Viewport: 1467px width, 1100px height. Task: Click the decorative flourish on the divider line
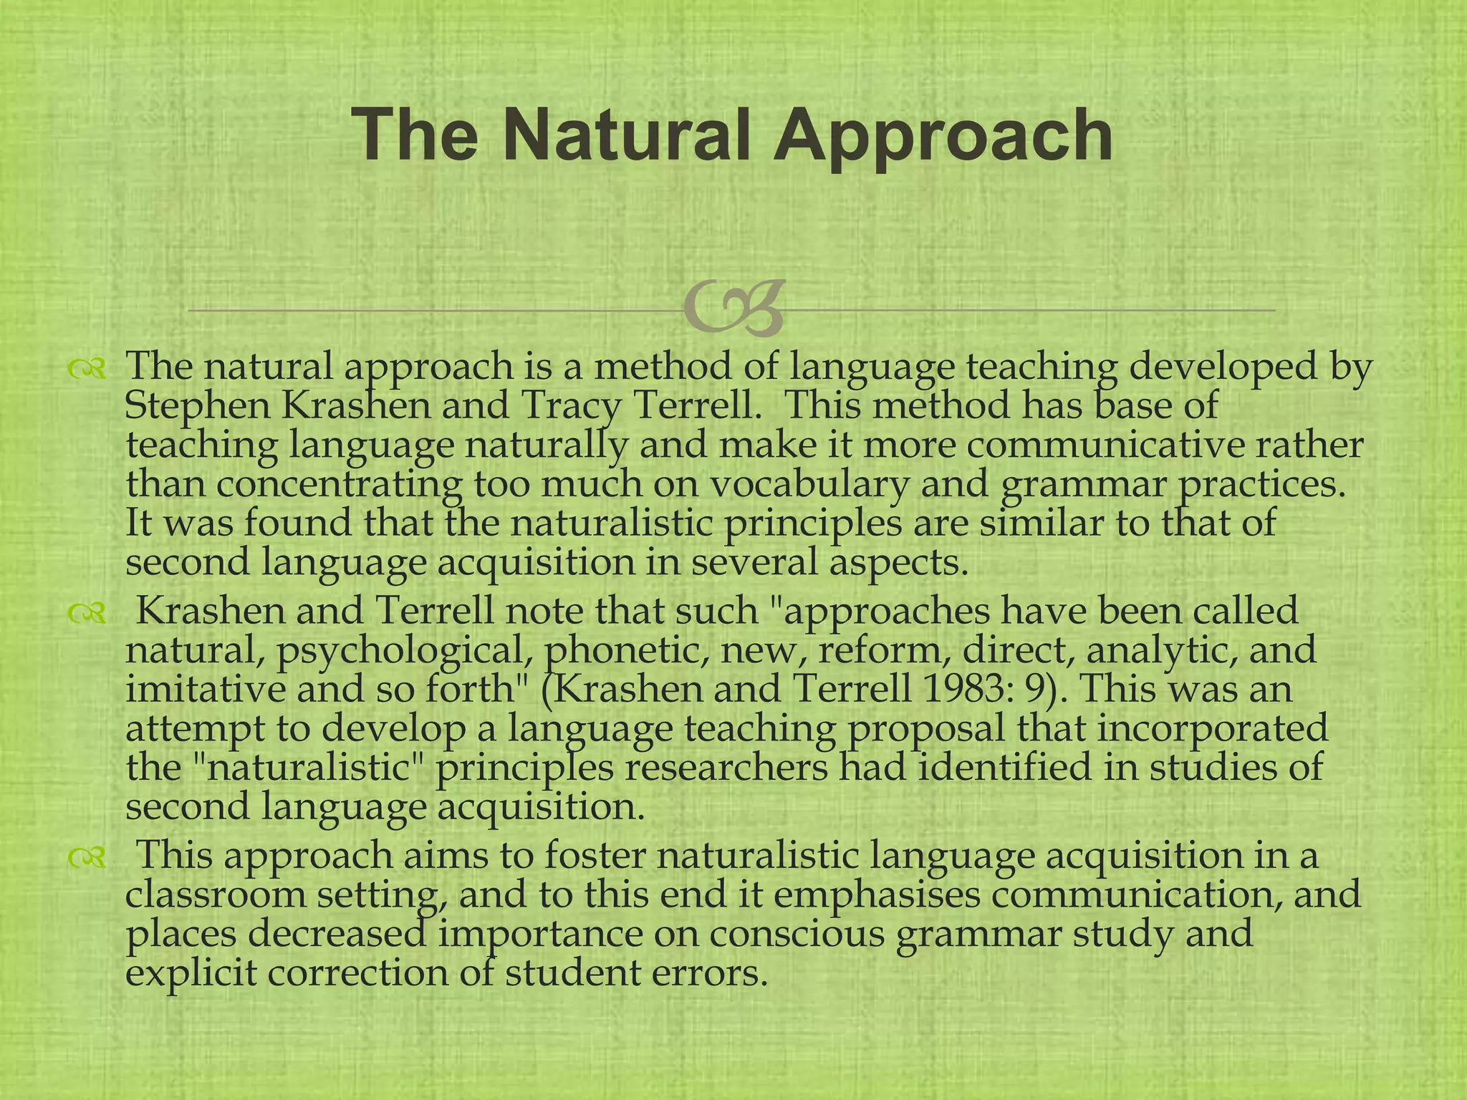(733, 309)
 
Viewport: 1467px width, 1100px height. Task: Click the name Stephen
(197, 407)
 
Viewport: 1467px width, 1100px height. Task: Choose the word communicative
(1102, 445)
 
